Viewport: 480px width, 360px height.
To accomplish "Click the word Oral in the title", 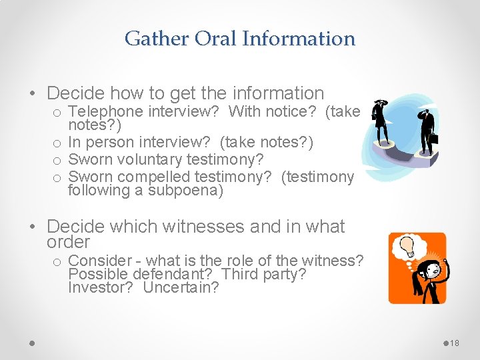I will click(x=215, y=39).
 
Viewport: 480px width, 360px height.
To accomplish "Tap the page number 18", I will click(x=455, y=343).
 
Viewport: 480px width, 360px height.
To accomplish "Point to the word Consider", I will click(x=99, y=261).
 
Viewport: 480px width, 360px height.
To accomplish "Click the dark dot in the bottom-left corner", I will click(x=31, y=343).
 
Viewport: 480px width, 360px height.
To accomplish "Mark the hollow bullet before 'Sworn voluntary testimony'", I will click(x=58, y=160).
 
